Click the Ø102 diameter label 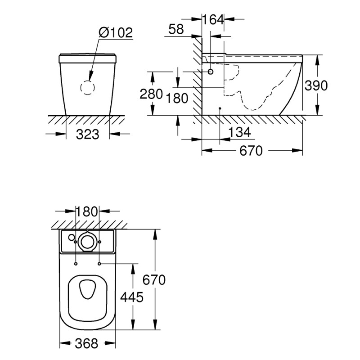click(x=115, y=33)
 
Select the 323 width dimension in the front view click(x=87, y=134)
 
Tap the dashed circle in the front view click(x=88, y=87)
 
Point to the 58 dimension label click(x=175, y=30)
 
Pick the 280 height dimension click(x=151, y=95)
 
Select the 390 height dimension click(x=316, y=85)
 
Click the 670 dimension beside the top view click(x=154, y=280)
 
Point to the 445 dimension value click(x=131, y=297)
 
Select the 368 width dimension click(x=85, y=344)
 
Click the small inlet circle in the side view click(x=211, y=72)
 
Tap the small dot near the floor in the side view click(x=219, y=108)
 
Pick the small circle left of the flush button click(x=70, y=237)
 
